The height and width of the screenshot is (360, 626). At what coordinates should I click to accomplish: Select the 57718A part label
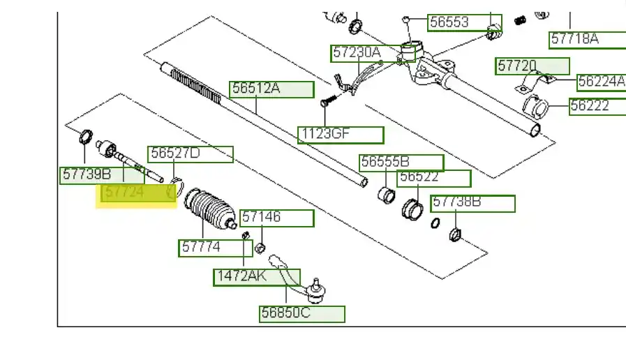(588, 39)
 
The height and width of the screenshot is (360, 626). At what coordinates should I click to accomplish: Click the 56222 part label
(597, 106)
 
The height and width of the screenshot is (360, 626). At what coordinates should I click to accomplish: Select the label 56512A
(272, 89)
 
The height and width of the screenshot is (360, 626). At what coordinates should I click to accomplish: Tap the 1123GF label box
(341, 135)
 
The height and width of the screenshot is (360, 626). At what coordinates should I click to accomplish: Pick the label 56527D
(190, 154)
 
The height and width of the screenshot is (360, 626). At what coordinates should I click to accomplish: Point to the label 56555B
(401, 163)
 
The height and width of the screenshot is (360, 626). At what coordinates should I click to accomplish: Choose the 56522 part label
(434, 179)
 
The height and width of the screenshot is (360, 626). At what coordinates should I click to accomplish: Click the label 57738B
(472, 204)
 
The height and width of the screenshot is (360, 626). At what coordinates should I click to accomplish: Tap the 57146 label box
(277, 218)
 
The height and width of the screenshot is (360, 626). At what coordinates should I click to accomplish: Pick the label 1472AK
(256, 277)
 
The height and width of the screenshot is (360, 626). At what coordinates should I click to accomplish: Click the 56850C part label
(302, 314)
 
